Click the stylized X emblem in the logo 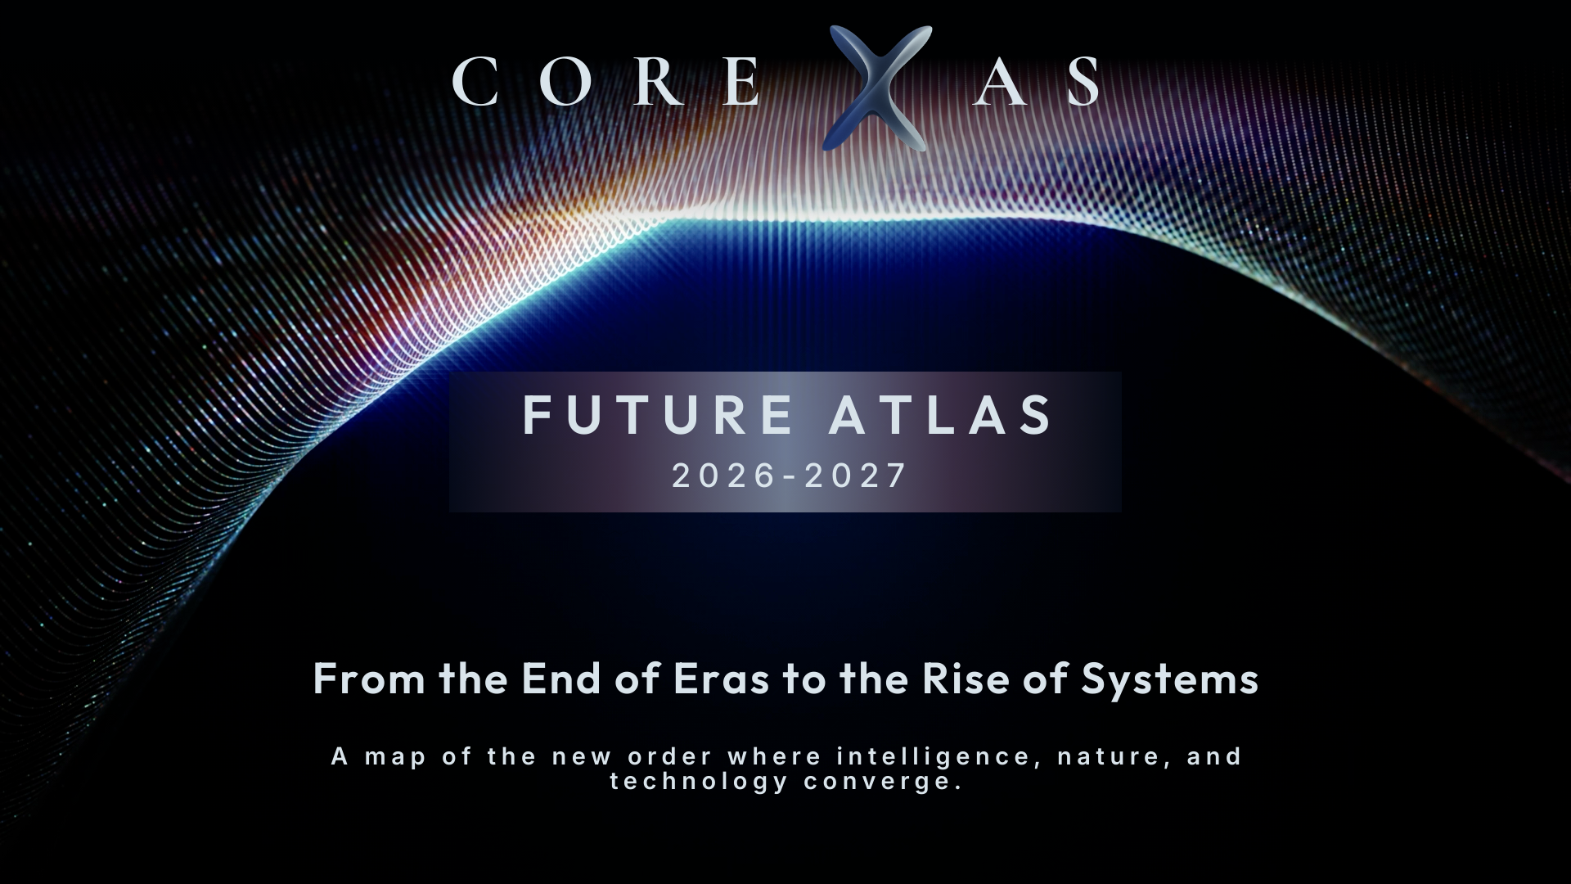point(879,88)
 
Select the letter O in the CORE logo point(565,82)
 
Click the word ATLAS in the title point(941,415)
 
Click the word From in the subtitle point(369,679)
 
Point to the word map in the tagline point(396,756)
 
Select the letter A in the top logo point(999,82)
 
